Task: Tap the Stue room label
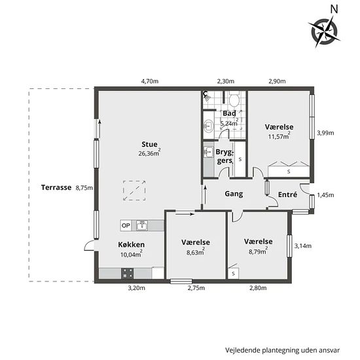click(x=149, y=144)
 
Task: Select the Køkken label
click(x=132, y=245)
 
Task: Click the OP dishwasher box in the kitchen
click(x=126, y=225)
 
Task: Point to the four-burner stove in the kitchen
click(x=128, y=273)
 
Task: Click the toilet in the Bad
click(x=234, y=99)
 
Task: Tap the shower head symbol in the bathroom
click(x=206, y=96)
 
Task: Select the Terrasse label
click(x=56, y=187)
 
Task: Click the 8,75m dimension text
click(x=84, y=188)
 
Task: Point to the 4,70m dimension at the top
click(x=150, y=81)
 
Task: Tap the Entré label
click(x=288, y=194)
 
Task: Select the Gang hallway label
click(x=234, y=194)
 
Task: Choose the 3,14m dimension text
click(x=303, y=246)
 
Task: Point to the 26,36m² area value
click(x=149, y=153)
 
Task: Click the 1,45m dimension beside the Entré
click(x=325, y=195)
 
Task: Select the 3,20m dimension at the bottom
click(x=136, y=288)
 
